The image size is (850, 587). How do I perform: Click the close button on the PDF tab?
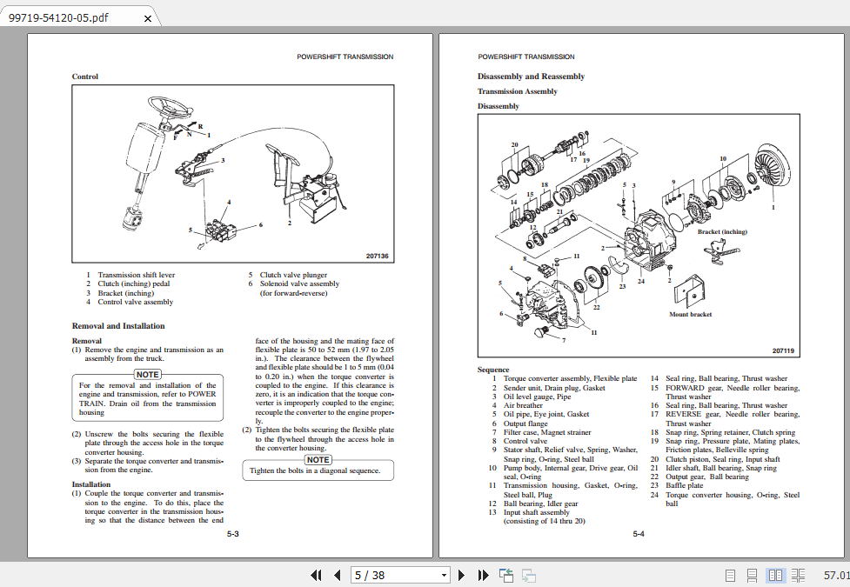147,18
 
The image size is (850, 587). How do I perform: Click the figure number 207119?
783,350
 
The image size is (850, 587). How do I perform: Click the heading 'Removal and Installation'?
118,326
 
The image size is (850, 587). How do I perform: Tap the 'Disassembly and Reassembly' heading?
531,77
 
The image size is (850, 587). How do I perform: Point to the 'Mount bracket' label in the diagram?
690,315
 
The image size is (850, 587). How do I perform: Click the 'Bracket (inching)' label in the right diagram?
722,231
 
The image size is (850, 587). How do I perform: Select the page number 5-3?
233,533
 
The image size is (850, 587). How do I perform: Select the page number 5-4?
639,533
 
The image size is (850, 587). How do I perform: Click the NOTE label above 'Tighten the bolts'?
318,459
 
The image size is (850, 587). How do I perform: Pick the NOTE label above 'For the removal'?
147,374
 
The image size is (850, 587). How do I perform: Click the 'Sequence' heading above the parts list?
493,370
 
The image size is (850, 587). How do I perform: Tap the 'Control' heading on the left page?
85,77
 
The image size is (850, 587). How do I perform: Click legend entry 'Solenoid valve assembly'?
299,283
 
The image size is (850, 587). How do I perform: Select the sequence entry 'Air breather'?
523,405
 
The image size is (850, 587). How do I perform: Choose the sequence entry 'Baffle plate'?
684,486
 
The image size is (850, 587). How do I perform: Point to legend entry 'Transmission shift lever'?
136,275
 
